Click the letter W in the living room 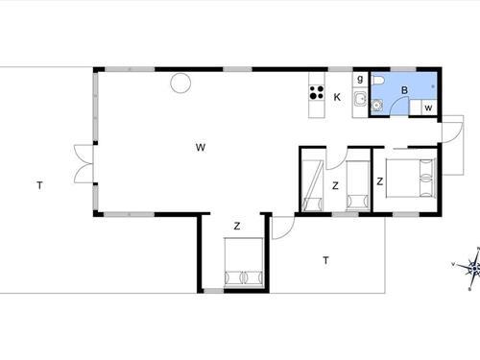pyautogui.click(x=200, y=147)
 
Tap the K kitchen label pyautogui.click(x=337, y=97)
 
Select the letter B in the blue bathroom pyautogui.click(x=405, y=91)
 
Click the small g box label pyautogui.click(x=360, y=79)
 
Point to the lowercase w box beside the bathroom pyautogui.click(x=428, y=108)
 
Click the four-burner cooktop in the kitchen pyautogui.click(x=315, y=93)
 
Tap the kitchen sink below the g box pyautogui.click(x=360, y=101)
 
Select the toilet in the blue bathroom pyautogui.click(x=380, y=81)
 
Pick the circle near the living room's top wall pyautogui.click(x=180, y=84)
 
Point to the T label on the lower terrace pyautogui.click(x=326, y=259)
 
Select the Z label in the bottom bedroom pyautogui.click(x=236, y=227)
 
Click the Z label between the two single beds pyautogui.click(x=336, y=185)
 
